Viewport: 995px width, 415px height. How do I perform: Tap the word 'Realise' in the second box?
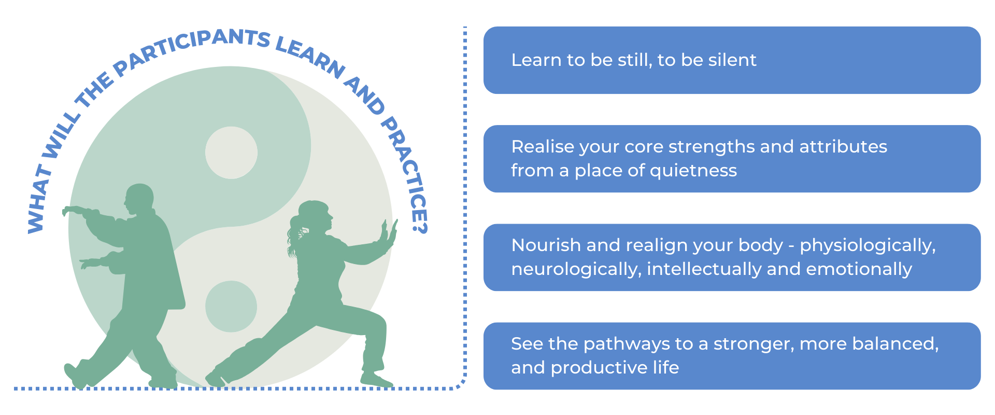pyautogui.click(x=543, y=147)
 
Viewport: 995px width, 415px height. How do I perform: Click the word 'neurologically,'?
pyautogui.click(x=576, y=270)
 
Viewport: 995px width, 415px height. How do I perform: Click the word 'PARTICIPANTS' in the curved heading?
pyautogui.click(x=192, y=49)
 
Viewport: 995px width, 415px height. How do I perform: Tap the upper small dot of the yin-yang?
pyautogui.click(x=231, y=153)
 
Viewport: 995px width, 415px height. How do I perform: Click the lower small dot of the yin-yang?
pyautogui.click(x=231, y=307)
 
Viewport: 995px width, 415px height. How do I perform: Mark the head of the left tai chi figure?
pyautogui.click(x=138, y=198)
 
